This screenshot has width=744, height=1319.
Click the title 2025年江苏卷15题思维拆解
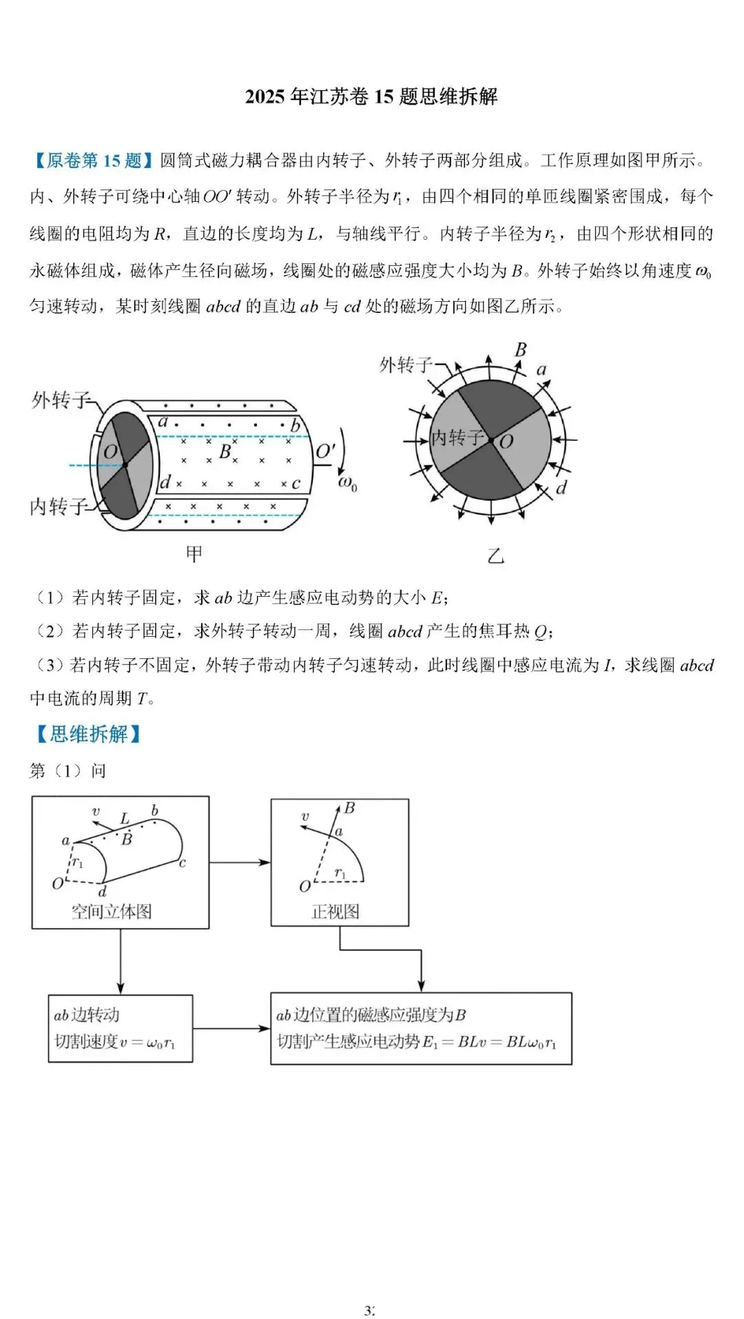click(371, 96)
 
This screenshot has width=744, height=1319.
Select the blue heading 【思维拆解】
click(87, 735)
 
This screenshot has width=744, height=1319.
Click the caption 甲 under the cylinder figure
click(194, 553)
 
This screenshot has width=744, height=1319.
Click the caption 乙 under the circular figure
click(495, 555)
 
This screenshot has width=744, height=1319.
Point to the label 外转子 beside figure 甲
click(60, 400)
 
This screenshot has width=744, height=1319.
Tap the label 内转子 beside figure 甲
click(59, 507)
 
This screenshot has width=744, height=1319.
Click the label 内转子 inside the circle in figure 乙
click(457, 438)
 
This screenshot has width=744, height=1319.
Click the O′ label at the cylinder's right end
click(325, 452)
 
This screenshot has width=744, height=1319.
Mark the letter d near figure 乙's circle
click(561, 489)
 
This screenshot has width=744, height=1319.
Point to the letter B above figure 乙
click(521, 350)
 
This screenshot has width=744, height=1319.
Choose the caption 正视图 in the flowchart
click(335, 912)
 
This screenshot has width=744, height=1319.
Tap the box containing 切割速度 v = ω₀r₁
click(120, 1028)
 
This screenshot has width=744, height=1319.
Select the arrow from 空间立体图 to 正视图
click(240, 862)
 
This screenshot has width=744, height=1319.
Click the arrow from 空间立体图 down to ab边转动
click(121, 961)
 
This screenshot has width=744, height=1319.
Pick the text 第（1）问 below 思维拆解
click(68, 770)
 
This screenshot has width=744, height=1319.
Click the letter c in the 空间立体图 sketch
click(183, 863)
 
